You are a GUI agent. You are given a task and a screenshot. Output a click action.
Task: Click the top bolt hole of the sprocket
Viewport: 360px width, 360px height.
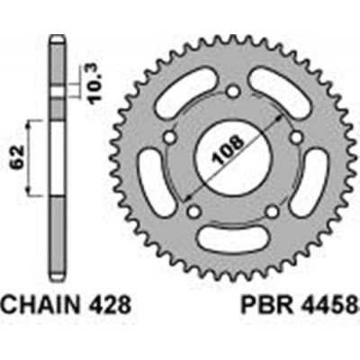(x=231, y=91)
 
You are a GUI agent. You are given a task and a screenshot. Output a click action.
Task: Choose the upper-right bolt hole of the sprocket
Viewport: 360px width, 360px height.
(x=292, y=135)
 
